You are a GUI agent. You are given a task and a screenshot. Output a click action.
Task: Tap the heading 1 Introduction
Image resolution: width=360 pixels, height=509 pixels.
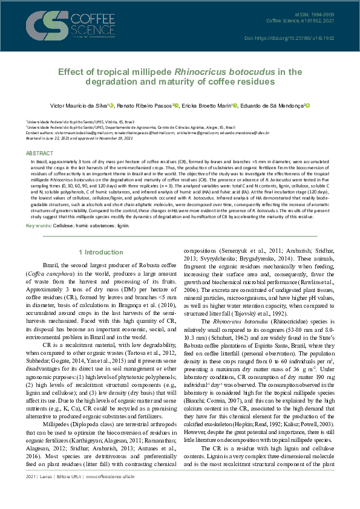(102, 252)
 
